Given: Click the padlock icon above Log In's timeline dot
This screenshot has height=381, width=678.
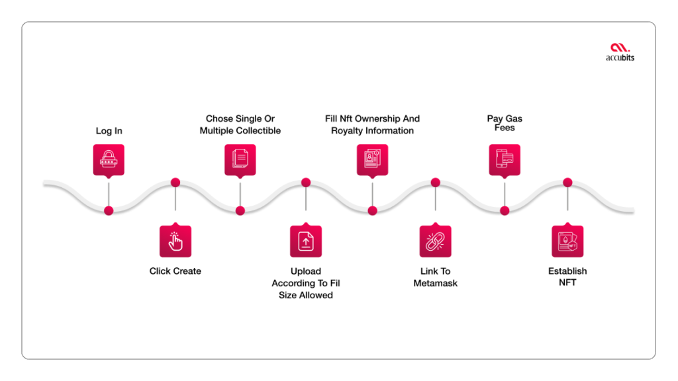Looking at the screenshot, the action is (109, 159).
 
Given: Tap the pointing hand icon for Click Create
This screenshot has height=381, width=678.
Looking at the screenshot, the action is (175, 241).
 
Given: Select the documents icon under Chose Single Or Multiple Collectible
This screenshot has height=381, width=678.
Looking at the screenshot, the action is (240, 159).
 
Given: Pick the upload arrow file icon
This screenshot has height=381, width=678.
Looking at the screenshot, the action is (306, 241).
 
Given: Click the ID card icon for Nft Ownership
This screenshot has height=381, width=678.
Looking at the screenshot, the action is (372, 159).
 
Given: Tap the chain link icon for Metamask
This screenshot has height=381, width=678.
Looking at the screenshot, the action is (436, 241).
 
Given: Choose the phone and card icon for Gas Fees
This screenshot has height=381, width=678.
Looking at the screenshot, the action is (505, 159).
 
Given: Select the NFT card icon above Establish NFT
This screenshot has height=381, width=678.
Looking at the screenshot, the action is (567, 241).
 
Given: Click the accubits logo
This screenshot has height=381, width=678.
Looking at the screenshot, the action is (620, 52).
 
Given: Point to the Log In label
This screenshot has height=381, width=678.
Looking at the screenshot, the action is (109, 131).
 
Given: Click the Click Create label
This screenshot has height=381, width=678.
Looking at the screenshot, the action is (175, 271).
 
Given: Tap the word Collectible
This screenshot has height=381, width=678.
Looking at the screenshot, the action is (259, 130).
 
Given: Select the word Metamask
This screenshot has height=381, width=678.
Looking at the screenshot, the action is (436, 283).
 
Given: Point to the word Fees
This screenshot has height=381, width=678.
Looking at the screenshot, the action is (505, 128).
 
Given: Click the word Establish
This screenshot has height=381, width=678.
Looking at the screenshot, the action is (567, 271).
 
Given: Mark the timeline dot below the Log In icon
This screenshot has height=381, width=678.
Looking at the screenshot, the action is (109, 211).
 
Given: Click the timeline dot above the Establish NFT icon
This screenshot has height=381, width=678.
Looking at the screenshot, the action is (567, 183).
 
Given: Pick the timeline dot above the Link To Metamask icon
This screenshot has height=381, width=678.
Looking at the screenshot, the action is (436, 183).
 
